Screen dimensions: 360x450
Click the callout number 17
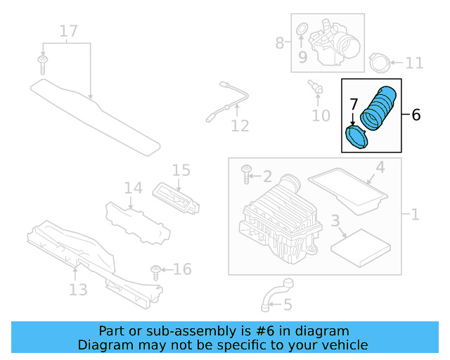(68, 31)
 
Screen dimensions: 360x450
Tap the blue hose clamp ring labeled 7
(358, 136)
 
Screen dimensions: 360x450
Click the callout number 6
(416, 115)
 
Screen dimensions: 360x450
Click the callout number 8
(280, 43)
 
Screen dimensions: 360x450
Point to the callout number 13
(78, 289)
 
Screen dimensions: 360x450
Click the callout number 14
(134, 188)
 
